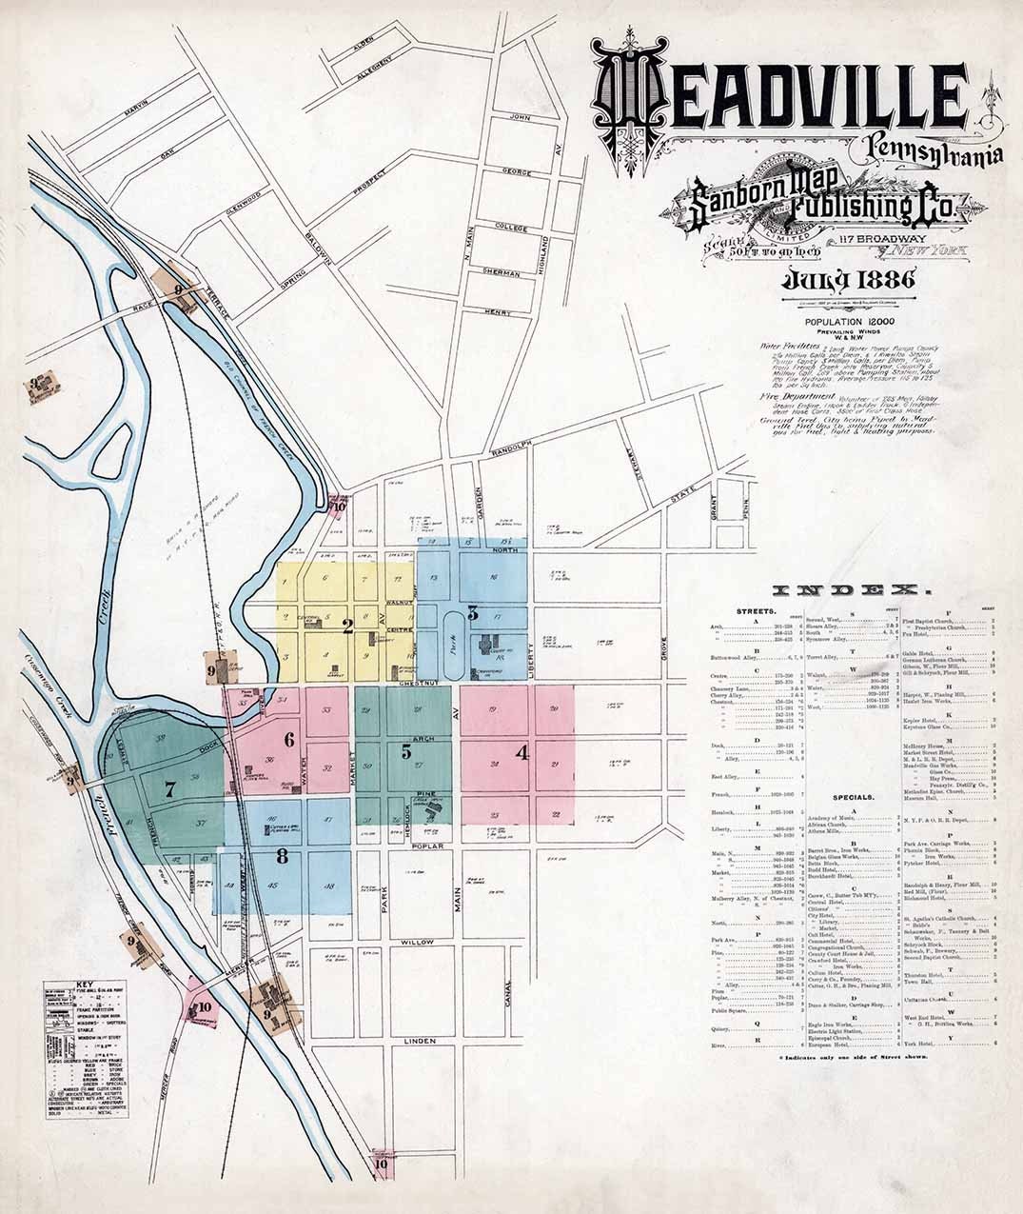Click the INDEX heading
(x=846, y=588)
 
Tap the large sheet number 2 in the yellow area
(x=348, y=627)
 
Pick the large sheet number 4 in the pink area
(x=521, y=752)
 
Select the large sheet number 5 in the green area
(x=406, y=751)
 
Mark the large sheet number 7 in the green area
(x=170, y=788)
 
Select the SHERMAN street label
(x=501, y=272)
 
